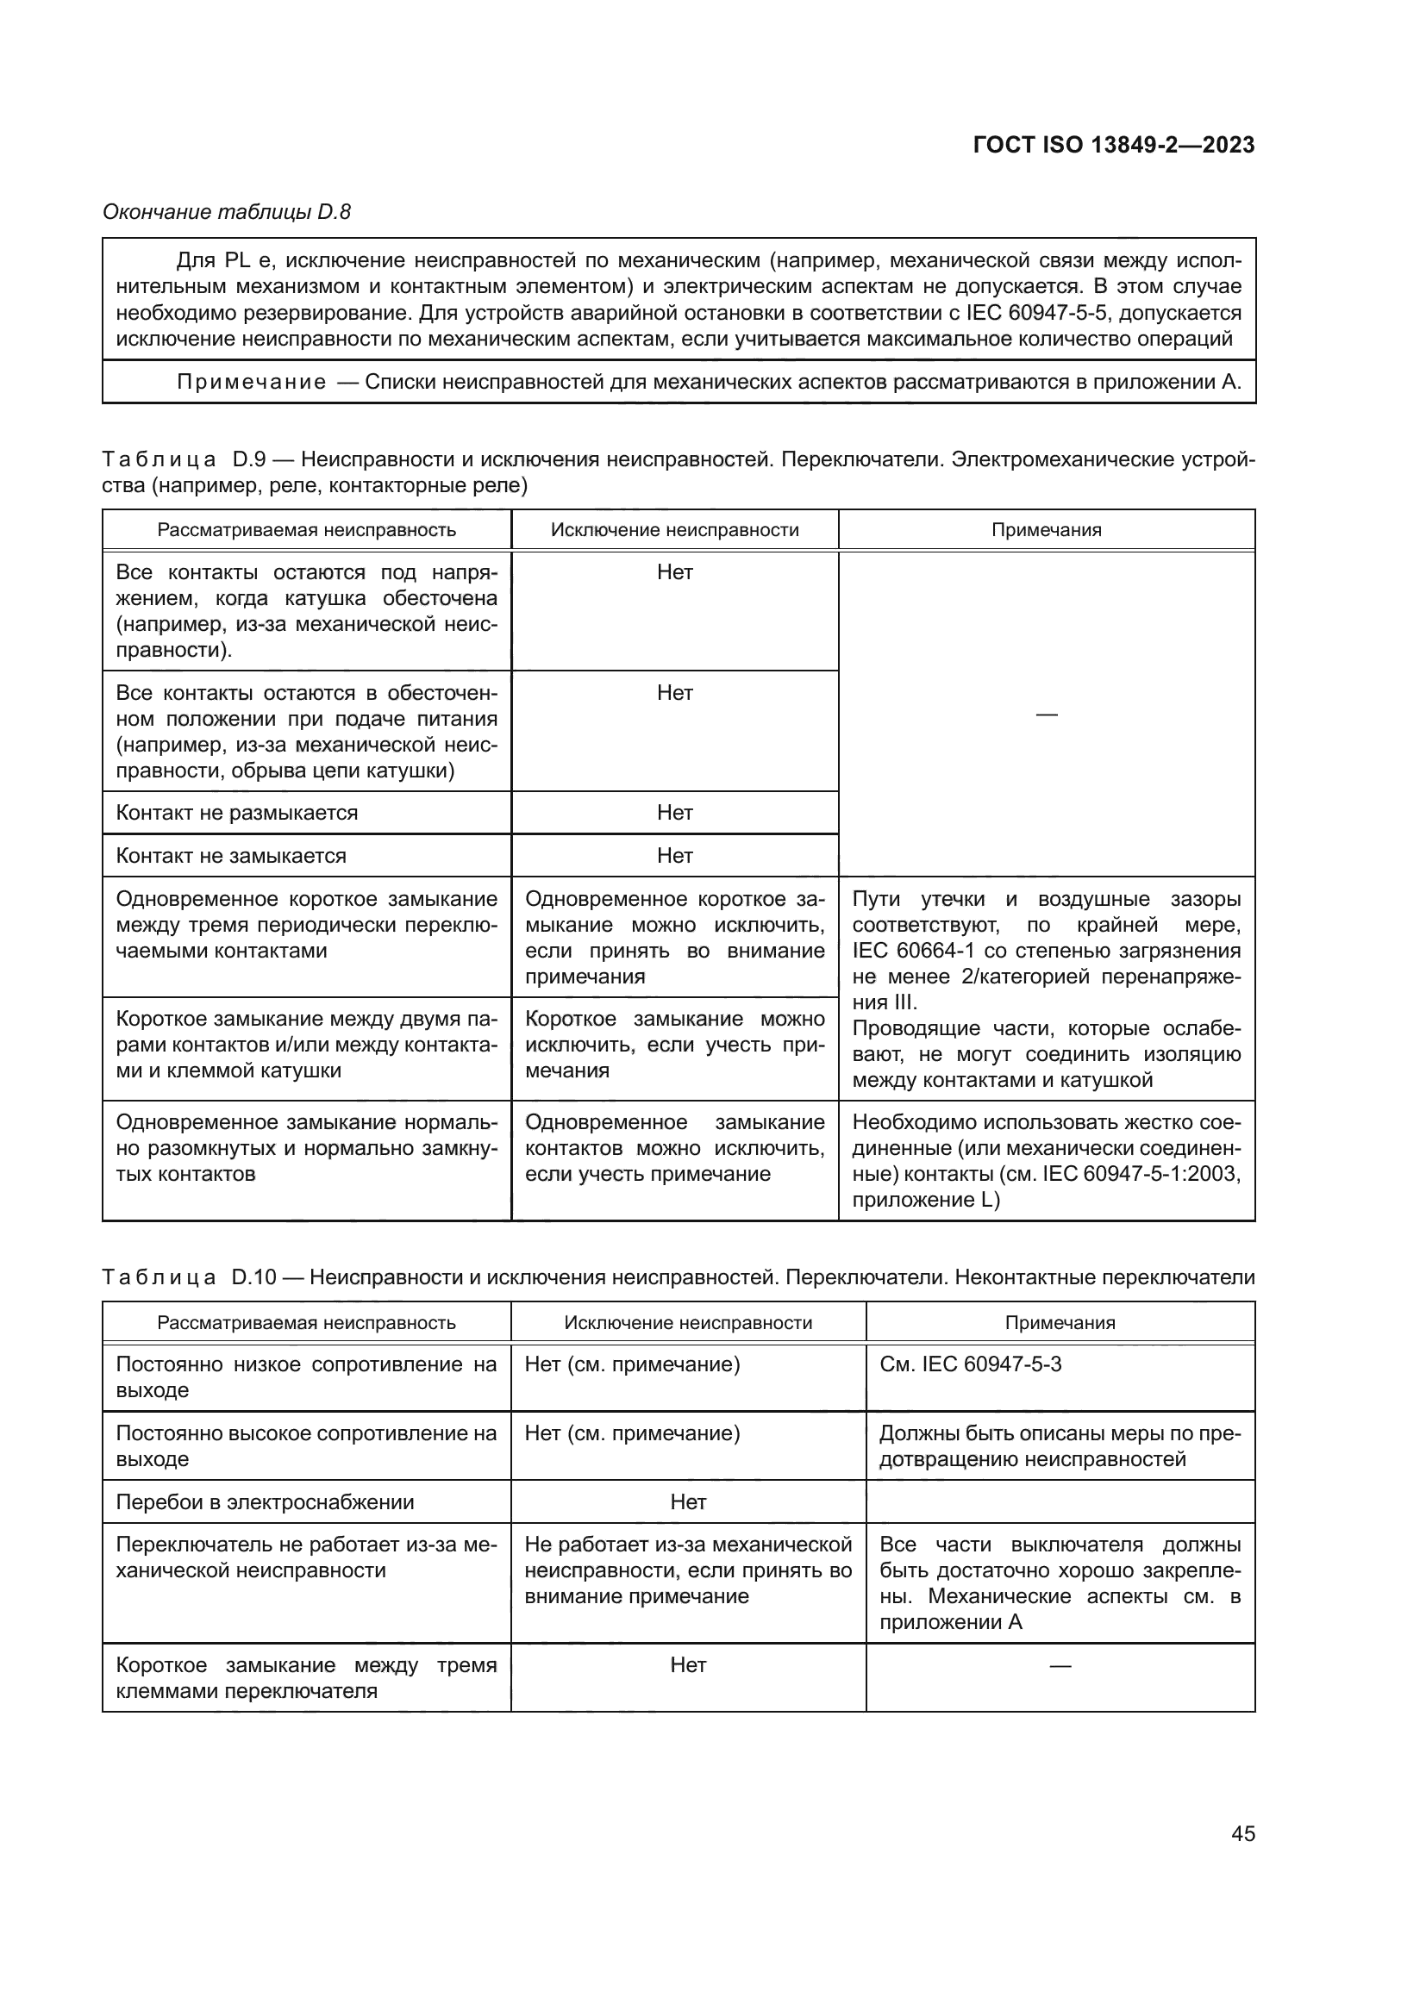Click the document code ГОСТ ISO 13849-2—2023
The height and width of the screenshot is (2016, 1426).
[x=1113, y=145]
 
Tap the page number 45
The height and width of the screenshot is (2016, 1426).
[x=1242, y=1833]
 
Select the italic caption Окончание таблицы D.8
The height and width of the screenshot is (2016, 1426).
[x=227, y=212]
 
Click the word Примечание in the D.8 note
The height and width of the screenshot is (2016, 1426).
[x=251, y=382]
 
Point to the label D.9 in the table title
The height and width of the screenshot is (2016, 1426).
[x=250, y=459]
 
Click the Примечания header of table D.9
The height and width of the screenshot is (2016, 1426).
[x=1046, y=530]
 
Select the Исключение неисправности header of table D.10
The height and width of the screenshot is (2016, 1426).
[x=687, y=1322]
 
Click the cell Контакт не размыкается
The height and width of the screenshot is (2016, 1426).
[x=237, y=813]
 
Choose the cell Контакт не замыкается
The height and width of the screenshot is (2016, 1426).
[x=231, y=856]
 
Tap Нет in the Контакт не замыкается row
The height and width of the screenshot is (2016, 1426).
[x=674, y=856]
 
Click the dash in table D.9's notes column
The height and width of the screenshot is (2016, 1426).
[x=1046, y=715]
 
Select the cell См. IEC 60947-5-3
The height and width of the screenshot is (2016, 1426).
[x=970, y=1364]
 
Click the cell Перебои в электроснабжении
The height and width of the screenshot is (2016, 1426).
[x=265, y=1502]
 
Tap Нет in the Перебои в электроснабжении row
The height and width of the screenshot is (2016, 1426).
[x=687, y=1502]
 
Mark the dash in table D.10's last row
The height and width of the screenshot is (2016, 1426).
[x=1060, y=1666]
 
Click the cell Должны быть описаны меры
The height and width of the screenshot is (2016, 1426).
[x=1059, y=1446]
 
